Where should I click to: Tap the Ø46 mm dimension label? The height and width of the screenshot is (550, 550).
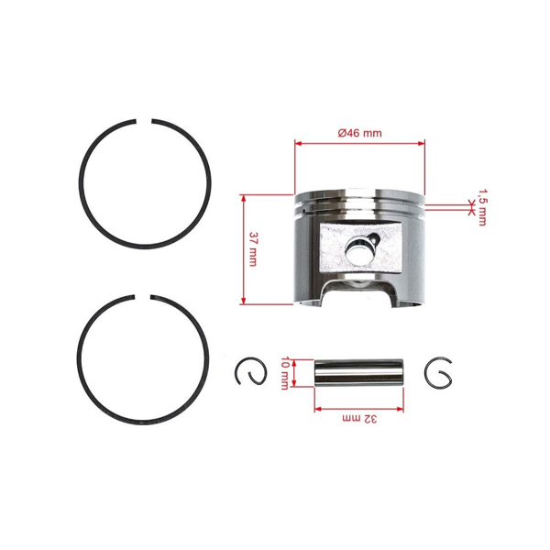coord(359,133)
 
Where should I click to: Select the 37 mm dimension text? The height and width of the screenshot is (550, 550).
coord(253,248)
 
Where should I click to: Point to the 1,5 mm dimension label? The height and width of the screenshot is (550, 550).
coord(482,208)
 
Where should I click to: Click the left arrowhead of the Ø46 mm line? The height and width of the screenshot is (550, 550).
coord(298,143)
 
